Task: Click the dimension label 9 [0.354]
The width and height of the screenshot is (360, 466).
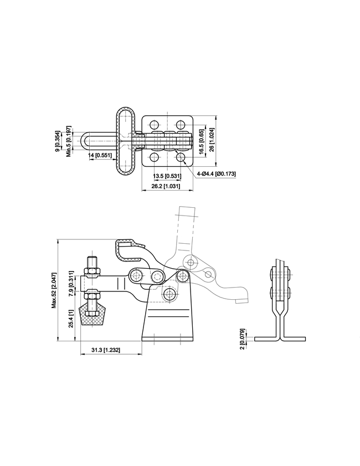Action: (58, 141)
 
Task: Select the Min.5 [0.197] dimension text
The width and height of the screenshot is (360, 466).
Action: (69, 141)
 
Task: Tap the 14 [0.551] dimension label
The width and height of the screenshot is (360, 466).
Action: (100, 155)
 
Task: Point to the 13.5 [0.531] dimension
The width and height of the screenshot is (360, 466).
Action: (167, 176)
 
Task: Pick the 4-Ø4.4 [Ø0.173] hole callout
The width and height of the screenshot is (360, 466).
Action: (216, 173)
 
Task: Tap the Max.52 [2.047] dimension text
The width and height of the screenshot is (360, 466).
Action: (54, 290)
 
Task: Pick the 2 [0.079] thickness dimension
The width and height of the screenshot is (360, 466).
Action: (242, 339)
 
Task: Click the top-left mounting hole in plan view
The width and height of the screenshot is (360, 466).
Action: (154, 124)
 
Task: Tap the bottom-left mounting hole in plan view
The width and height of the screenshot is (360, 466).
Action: (154, 157)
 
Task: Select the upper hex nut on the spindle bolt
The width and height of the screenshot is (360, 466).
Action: (92, 272)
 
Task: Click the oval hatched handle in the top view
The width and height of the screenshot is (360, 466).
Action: (126, 141)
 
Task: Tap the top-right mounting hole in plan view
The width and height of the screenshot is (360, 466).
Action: (180, 124)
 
